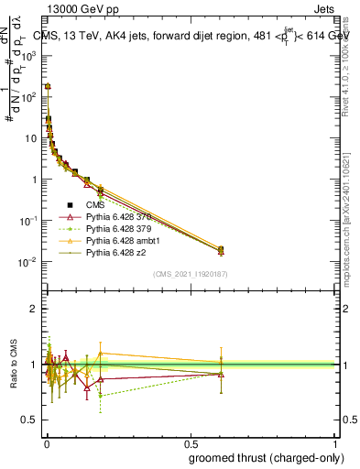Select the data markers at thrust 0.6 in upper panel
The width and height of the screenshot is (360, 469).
(x=220, y=249)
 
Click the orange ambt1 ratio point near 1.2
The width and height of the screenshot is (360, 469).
(x=100, y=353)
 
